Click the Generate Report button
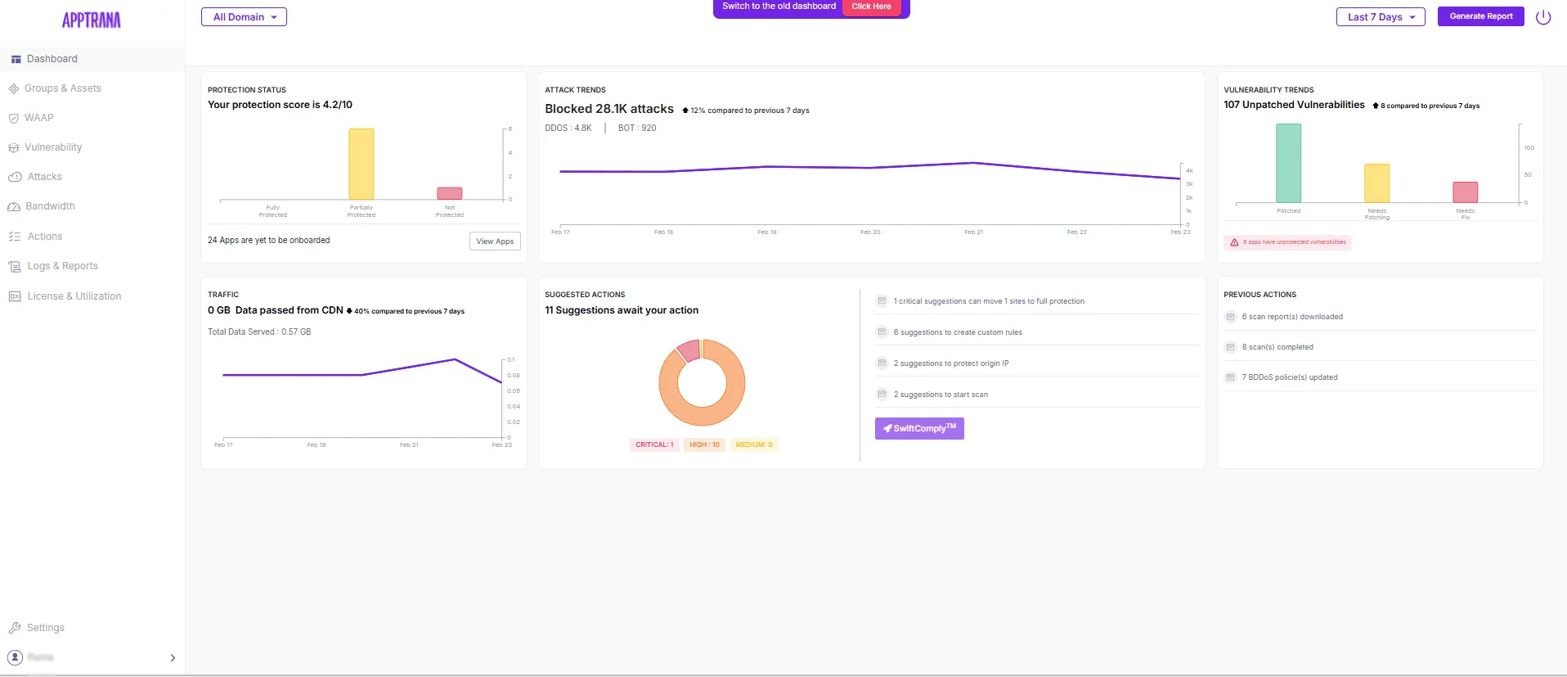click(x=1480, y=16)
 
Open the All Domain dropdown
click(x=244, y=17)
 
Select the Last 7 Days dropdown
click(x=1380, y=17)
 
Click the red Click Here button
click(x=871, y=7)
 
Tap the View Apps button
click(x=495, y=241)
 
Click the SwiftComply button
click(x=919, y=428)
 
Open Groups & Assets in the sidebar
click(x=62, y=88)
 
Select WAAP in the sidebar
click(x=38, y=118)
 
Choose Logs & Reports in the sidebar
click(x=62, y=266)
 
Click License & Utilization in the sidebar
click(x=74, y=296)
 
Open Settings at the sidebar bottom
click(x=45, y=628)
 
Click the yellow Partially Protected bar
click(x=361, y=164)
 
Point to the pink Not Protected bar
click(x=449, y=193)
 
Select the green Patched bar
click(x=1288, y=163)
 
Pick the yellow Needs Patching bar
click(x=1376, y=183)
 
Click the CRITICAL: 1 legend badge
click(x=654, y=445)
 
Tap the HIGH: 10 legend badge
click(x=704, y=445)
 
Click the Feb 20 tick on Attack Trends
click(x=870, y=232)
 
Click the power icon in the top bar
click(x=1543, y=17)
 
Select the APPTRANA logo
click(x=92, y=20)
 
